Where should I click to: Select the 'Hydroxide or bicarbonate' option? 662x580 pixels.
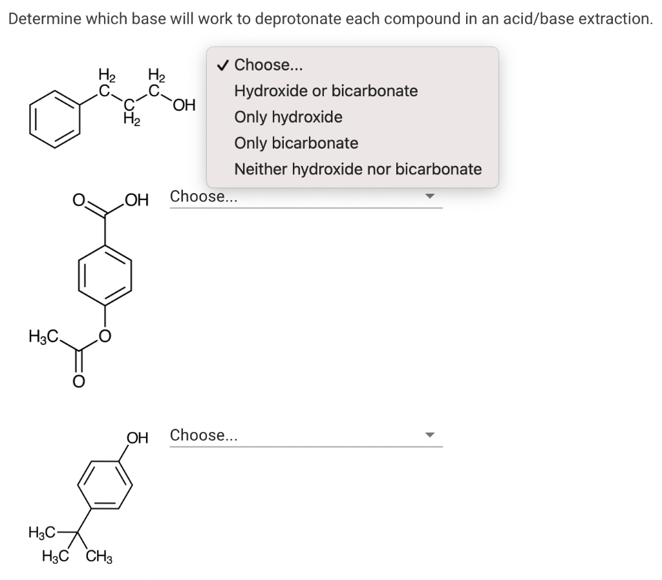(x=326, y=91)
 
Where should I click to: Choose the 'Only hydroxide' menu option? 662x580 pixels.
(x=288, y=117)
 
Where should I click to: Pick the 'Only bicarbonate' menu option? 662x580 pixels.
(x=296, y=143)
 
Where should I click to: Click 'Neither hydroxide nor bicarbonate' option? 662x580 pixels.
(x=358, y=169)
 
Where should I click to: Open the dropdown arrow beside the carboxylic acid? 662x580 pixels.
(x=430, y=197)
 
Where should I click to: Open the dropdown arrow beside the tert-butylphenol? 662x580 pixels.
(x=430, y=435)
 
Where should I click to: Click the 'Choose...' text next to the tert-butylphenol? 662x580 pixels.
(x=204, y=435)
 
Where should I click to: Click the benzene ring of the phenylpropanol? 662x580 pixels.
(x=56, y=116)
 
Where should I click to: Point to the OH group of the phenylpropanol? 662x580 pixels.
(x=184, y=105)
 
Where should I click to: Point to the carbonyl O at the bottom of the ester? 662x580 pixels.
(x=78, y=382)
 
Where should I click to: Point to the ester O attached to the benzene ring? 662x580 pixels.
(x=105, y=336)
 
